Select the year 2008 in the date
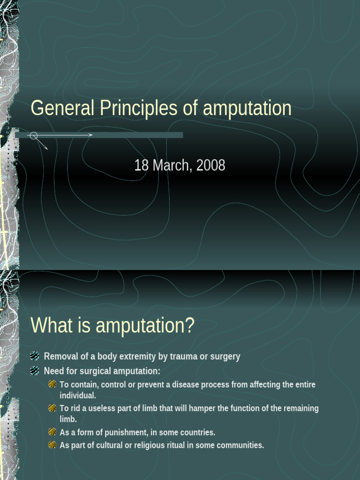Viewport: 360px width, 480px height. point(211,165)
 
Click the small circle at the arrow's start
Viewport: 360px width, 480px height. point(33,135)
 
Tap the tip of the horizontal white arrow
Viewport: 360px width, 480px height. point(92,135)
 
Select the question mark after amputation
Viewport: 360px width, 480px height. point(189,325)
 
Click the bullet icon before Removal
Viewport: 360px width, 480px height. point(35,356)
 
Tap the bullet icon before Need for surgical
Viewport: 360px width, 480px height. point(35,371)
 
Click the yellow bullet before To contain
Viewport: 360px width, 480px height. point(52,385)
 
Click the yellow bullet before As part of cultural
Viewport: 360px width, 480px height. point(52,445)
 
